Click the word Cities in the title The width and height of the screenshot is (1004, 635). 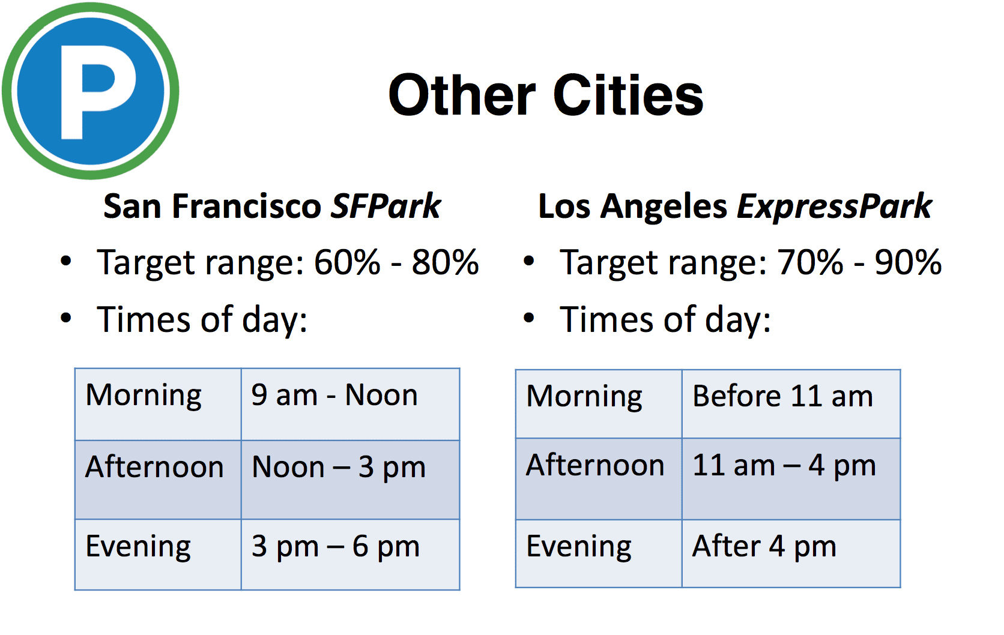click(628, 95)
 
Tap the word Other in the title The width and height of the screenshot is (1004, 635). click(462, 95)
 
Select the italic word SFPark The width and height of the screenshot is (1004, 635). click(386, 206)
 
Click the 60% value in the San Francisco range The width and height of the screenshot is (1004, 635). click(347, 262)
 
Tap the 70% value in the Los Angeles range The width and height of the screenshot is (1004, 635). click(810, 262)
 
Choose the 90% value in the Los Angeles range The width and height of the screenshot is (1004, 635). click(909, 262)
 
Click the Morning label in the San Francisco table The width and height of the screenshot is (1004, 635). click(144, 396)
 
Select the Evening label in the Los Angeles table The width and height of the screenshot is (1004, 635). click(579, 547)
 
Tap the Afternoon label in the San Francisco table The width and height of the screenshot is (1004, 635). click(154, 466)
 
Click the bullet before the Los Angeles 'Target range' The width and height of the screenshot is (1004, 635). click(529, 260)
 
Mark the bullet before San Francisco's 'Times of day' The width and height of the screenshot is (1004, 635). click(66, 317)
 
